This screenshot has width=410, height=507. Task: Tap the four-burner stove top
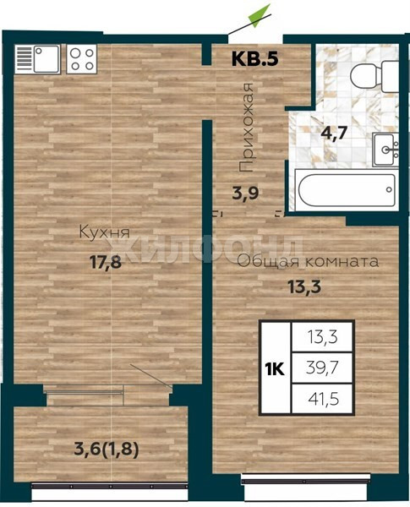click(81, 59)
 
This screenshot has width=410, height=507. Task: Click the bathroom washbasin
click(385, 150)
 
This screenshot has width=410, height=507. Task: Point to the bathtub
click(347, 190)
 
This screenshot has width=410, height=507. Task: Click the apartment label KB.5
click(255, 58)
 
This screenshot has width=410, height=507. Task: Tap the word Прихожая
click(245, 127)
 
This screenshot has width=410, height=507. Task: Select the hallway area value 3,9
click(245, 194)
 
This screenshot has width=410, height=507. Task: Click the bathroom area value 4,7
click(334, 133)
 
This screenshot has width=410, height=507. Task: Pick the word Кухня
click(105, 232)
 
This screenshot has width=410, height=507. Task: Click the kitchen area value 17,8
click(106, 262)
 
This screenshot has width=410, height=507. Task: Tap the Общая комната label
click(309, 262)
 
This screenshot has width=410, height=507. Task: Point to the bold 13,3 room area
click(304, 286)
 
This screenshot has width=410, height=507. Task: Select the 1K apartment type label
click(275, 369)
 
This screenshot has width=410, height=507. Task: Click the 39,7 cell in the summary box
click(322, 368)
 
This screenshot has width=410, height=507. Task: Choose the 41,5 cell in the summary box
click(324, 400)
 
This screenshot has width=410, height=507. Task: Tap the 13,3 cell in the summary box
click(323, 337)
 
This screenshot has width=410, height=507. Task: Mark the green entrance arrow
click(259, 16)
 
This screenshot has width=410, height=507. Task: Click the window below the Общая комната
click(306, 481)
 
